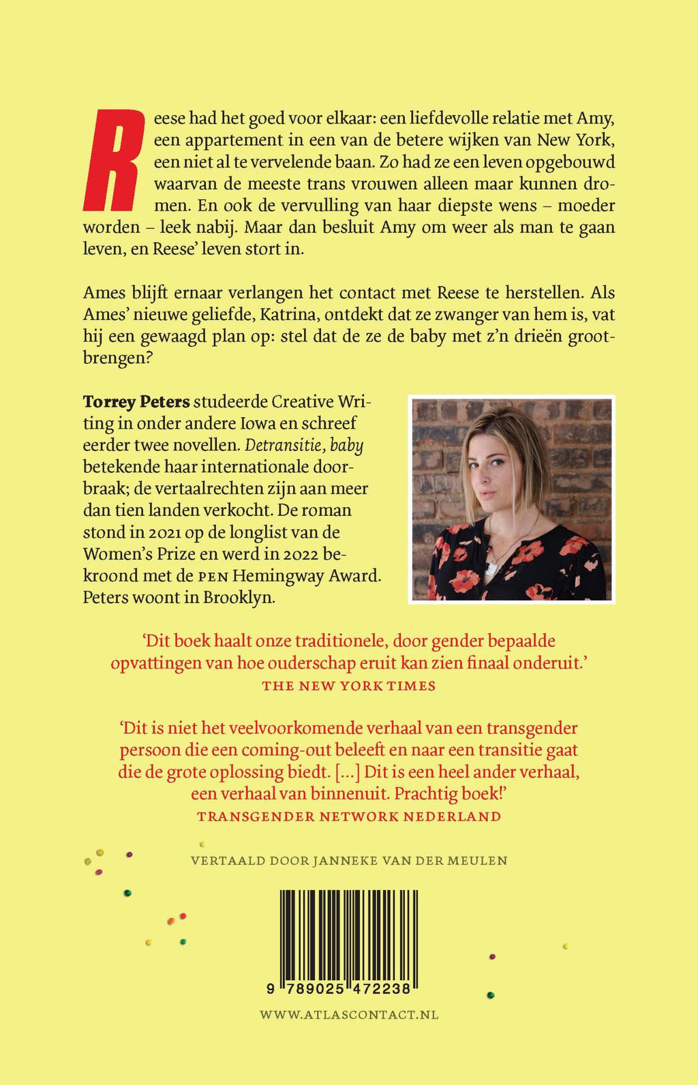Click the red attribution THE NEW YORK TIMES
click(x=349, y=686)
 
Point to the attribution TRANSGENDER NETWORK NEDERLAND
click(x=349, y=816)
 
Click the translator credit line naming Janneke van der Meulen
click(x=349, y=861)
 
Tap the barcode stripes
click(x=349, y=934)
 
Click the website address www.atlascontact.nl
click(x=349, y=1015)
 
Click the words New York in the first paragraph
click(x=576, y=140)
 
